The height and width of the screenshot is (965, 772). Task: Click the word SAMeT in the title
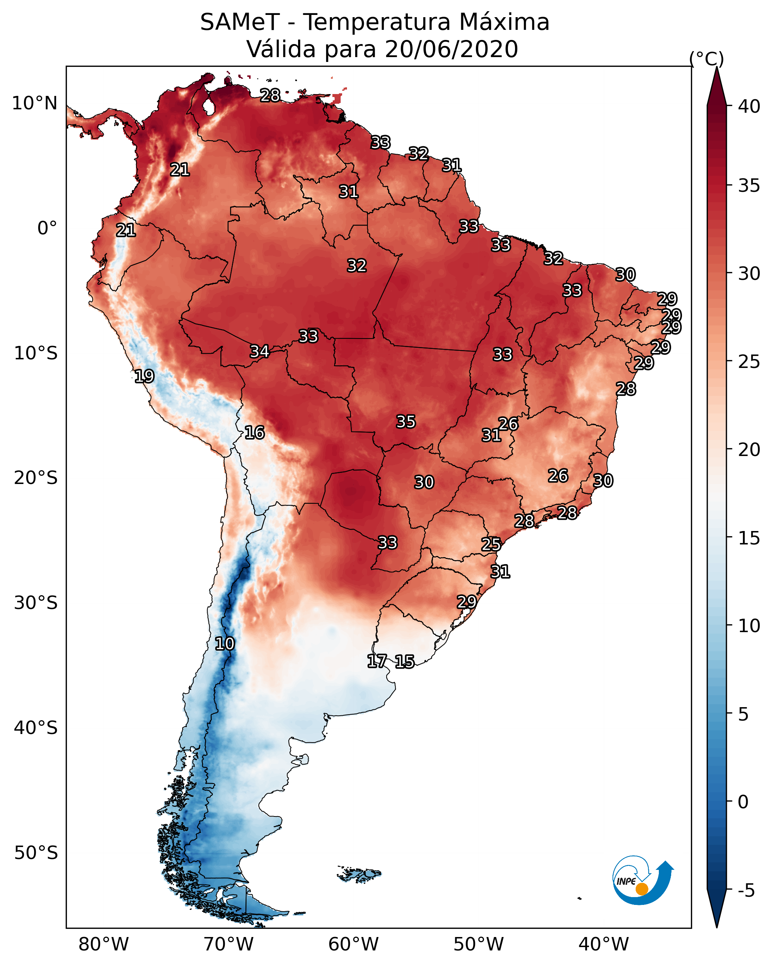(x=240, y=22)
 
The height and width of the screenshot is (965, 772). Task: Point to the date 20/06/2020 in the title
(x=451, y=49)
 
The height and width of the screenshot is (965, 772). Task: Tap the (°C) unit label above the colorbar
(x=706, y=59)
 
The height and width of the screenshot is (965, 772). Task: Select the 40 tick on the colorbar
(x=749, y=106)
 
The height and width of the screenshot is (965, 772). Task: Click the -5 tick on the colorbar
(x=747, y=891)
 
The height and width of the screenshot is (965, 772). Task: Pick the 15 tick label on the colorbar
(x=749, y=538)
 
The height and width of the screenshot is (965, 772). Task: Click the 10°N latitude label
(x=34, y=103)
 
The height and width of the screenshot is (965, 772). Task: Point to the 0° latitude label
(x=47, y=228)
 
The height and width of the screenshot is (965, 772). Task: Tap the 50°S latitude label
(x=36, y=853)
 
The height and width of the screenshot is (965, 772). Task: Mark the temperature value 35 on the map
(x=406, y=422)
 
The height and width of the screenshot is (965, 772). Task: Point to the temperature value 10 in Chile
(x=224, y=644)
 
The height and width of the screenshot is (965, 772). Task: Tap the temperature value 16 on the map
(x=254, y=432)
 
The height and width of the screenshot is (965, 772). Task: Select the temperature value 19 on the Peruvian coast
(x=144, y=376)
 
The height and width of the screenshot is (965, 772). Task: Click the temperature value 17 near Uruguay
(x=377, y=660)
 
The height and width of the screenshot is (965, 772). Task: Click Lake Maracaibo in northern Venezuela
(x=208, y=106)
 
